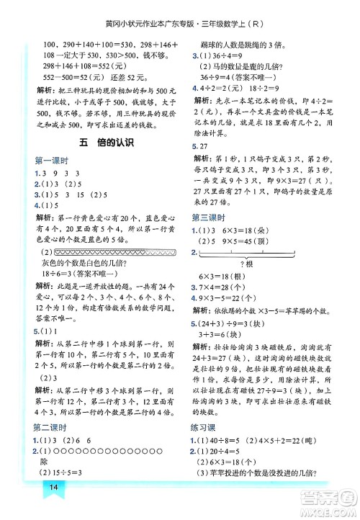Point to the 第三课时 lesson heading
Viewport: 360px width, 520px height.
point(210,218)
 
